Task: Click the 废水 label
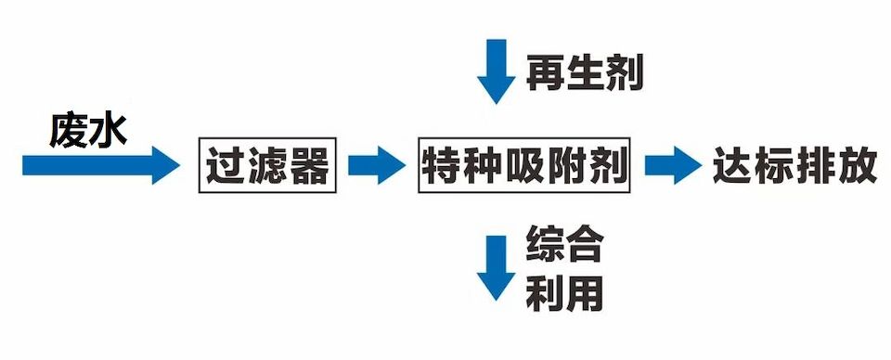[x=88, y=130]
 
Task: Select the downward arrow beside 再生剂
[x=495, y=71]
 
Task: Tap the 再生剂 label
[x=585, y=71]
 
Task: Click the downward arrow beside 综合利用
[x=495, y=267]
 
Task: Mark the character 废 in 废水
[x=69, y=130]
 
